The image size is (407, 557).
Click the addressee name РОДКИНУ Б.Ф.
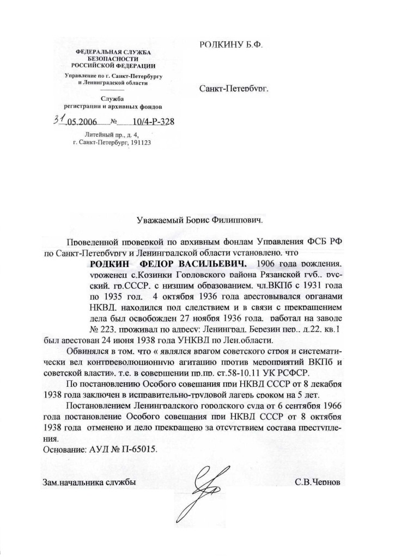pos(232,47)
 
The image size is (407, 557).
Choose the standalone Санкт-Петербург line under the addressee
pos(234,87)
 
